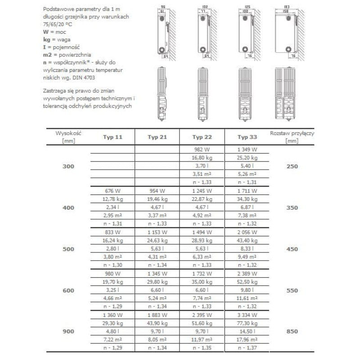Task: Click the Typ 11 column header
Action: coord(112,137)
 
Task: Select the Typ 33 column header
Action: coord(247,137)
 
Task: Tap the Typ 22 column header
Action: coord(202,137)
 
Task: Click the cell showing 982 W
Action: coord(202,149)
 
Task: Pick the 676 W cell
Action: coord(112,191)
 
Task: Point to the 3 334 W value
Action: coord(247,314)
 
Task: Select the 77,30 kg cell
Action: coord(247,323)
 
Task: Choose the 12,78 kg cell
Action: coord(112,199)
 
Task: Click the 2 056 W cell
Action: coord(247,232)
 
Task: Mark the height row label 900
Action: coord(68,331)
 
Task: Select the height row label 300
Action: coord(68,166)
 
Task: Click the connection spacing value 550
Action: coord(292,291)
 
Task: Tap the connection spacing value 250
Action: coord(292,166)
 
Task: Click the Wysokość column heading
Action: coord(68,134)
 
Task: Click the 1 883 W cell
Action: coord(157,314)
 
